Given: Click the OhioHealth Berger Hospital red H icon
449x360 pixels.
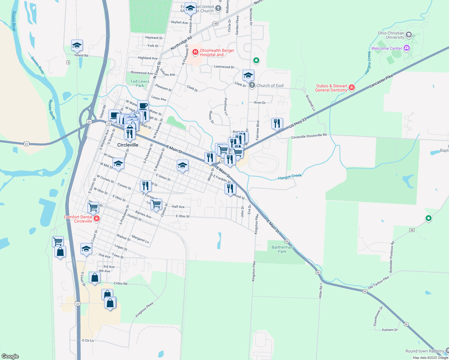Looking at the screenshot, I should pyautogui.click(x=195, y=52).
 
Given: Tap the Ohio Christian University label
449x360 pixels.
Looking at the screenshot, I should pyautogui.click(x=391, y=35).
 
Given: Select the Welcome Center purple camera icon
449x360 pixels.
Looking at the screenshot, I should pyautogui.click(x=407, y=48).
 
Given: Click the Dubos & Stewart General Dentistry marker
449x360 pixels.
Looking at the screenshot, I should pyautogui.click(x=352, y=88).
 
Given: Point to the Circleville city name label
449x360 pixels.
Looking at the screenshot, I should pyautogui.click(x=128, y=145).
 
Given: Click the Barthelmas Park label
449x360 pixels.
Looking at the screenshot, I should pyautogui.click(x=282, y=249).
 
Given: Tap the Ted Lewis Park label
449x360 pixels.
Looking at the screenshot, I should pyautogui.click(x=140, y=83).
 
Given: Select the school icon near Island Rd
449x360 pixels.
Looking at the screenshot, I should pyautogui.click(x=77, y=46).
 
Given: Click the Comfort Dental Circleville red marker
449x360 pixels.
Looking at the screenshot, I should pyautogui.click(x=97, y=218).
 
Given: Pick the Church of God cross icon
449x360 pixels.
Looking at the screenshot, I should pyautogui.click(x=252, y=85).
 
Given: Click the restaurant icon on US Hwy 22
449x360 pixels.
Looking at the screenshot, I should pyautogui.click(x=277, y=123).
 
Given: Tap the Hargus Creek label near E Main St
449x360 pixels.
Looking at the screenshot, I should pyautogui.click(x=290, y=177).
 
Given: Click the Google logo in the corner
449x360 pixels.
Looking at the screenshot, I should pyautogui.click(x=10, y=356).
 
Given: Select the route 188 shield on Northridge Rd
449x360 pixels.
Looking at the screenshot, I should pyautogui.click(x=215, y=24).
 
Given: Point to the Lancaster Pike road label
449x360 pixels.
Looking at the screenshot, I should pyautogui.click(x=381, y=81).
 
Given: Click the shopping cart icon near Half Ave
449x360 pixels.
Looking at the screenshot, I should pyautogui.click(x=156, y=204).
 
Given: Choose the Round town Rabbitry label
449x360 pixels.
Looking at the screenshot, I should pyautogui.click(x=424, y=351).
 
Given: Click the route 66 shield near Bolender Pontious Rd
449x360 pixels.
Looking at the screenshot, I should pyautogui.click(x=412, y=230).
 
